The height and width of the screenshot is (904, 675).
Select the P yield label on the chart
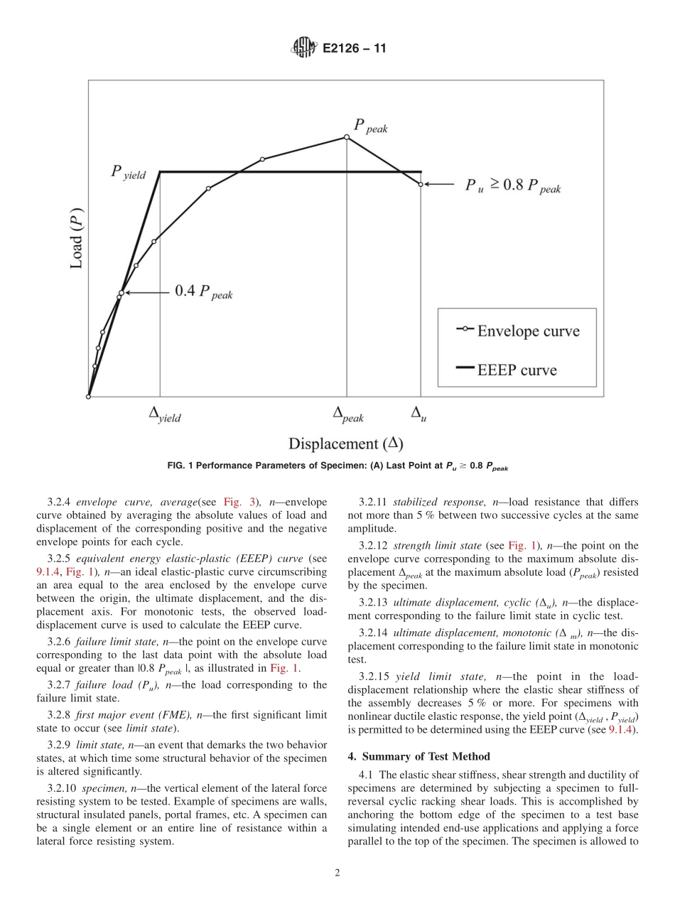click(128, 172)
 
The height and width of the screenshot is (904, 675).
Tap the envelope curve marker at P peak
click(347, 137)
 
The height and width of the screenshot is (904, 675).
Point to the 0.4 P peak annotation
click(203, 292)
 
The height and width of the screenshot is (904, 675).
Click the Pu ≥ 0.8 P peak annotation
click(512, 186)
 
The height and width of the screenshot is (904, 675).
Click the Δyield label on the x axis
click(164, 414)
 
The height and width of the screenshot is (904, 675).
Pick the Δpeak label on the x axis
click(348, 414)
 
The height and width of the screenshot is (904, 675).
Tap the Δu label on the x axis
click(419, 414)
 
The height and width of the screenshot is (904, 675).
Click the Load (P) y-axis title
click(77, 238)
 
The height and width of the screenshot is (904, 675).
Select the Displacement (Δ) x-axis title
click(345, 443)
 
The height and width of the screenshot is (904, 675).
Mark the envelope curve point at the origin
click(88, 397)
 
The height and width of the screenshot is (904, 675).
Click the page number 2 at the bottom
click(337, 873)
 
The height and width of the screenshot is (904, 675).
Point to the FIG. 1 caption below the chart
click(337, 467)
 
